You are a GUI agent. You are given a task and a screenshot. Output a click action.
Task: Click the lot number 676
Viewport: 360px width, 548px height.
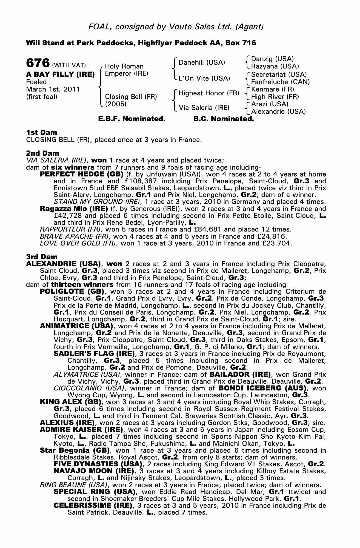pyautogui.click(x=38, y=63)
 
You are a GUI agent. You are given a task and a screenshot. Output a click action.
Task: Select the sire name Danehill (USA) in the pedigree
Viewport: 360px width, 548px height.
pyautogui.click(x=202, y=62)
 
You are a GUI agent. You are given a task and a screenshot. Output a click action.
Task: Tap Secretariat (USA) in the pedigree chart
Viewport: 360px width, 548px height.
pyautogui.click(x=279, y=75)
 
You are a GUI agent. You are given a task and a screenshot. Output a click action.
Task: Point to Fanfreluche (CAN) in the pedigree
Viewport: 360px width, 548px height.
pyautogui.click(x=280, y=82)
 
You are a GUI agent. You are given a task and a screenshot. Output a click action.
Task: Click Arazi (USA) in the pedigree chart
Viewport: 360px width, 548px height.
pyautogui.click(x=270, y=104)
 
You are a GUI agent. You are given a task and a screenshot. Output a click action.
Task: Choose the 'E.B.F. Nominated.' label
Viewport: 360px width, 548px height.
pyautogui.click(x=132, y=119)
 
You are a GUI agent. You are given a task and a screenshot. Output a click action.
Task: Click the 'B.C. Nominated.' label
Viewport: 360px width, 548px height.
pyautogui.click(x=224, y=119)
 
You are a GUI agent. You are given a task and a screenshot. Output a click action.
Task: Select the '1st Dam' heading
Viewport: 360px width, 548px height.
pyautogui.click(x=42, y=132)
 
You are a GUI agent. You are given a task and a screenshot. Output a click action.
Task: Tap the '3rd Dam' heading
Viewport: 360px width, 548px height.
pyautogui.click(x=42, y=257)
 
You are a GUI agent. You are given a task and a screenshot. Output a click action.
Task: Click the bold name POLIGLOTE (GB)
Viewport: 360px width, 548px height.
pyautogui.click(x=72, y=292)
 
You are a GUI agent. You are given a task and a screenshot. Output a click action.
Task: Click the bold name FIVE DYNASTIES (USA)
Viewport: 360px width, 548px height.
pyautogui.click(x=98, y=464)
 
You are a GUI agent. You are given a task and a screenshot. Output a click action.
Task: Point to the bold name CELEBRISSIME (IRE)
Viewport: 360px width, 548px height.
pyautogui.click(x=93, y=506)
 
